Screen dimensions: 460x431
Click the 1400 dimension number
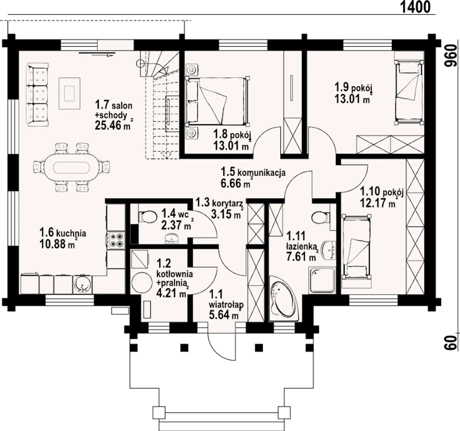[x=415, y=7]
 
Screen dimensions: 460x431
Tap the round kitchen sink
[x=82, y=285]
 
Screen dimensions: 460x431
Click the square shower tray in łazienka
[x=322, y=280]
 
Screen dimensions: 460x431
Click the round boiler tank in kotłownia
[x=142, y=282]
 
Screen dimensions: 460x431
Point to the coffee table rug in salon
[x=70, y=93]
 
